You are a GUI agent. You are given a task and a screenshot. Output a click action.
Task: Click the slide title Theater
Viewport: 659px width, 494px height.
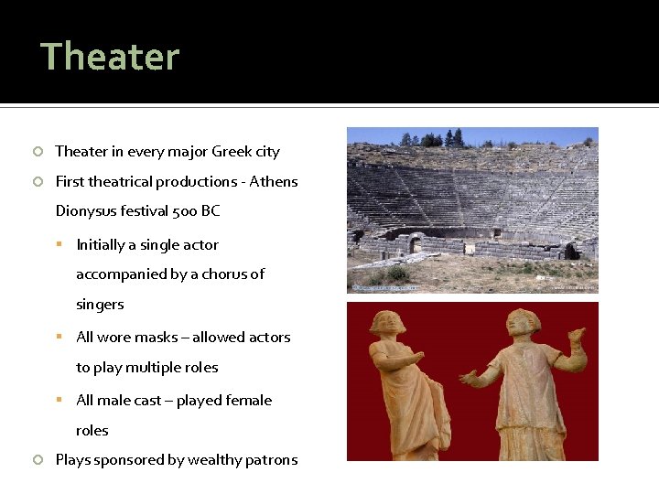[110, 57]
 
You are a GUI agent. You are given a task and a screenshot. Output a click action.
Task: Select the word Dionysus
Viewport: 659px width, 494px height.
[85, 211]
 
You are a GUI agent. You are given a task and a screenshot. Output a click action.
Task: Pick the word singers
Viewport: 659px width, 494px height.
[100, 305]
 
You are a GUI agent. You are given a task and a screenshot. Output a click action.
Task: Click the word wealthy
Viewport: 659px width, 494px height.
[210, 460]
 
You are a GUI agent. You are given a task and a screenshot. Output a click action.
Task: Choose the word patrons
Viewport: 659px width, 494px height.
[270, 460]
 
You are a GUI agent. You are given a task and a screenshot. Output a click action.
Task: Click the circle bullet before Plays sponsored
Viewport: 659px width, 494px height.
[38, 460]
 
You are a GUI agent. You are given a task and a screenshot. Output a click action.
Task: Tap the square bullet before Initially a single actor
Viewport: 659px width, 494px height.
[59, 245]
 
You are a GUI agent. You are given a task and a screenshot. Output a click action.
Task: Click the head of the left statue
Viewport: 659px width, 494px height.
[387, 322]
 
